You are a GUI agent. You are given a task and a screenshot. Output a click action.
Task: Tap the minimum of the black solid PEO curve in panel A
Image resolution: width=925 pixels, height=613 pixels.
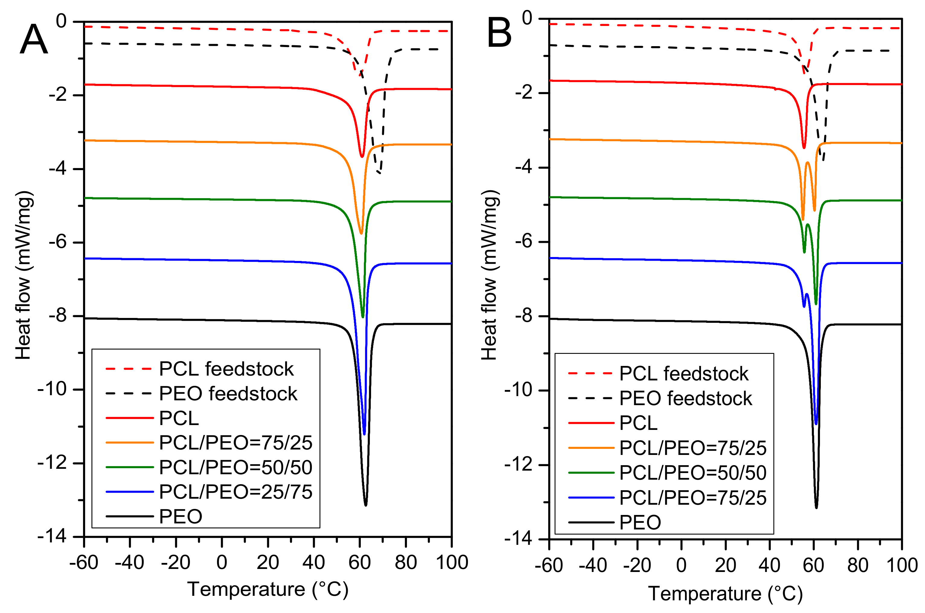(365, 505)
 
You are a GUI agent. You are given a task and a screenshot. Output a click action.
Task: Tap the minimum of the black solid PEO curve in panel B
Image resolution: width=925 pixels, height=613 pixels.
(816, 507)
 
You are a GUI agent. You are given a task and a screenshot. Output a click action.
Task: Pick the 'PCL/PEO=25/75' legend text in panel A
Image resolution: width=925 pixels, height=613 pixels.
(235, 492)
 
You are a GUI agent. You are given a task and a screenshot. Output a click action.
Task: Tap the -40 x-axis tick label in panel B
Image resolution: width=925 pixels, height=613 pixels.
(593, 565)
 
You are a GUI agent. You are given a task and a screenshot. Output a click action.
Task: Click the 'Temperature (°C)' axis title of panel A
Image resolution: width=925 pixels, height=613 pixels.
(267, 589)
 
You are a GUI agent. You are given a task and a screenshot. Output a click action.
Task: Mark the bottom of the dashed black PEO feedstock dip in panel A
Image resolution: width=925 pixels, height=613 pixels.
(379, 173)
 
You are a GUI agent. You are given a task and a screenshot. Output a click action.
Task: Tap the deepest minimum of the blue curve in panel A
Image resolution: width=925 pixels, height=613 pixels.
(364, 434)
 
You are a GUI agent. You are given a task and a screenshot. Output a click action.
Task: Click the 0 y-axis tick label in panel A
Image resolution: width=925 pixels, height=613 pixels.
(61, 21)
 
